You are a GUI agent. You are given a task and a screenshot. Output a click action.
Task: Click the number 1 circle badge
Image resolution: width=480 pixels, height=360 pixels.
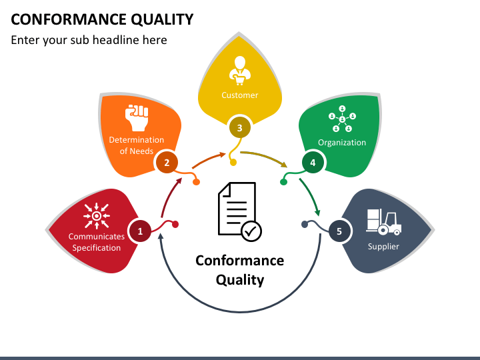[x=140, y=231]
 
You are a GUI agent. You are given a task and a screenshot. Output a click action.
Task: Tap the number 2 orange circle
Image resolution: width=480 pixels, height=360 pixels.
[x=167, y=162]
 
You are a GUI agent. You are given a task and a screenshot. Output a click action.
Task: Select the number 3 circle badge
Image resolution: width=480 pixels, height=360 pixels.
[x=240, y=127]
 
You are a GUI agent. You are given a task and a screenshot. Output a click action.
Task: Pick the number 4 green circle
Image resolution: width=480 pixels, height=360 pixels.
[x=313, y=162]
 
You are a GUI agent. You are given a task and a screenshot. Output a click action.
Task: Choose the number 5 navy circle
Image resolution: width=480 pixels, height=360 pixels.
[x=339, y=231]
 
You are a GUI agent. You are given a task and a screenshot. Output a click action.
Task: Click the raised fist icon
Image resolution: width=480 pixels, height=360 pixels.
[x=137, y=117]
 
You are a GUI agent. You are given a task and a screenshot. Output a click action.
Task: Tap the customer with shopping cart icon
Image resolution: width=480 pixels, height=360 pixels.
[x=240, y=71]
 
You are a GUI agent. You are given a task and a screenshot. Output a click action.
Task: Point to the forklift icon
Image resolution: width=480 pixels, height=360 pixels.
[x=383, y=222]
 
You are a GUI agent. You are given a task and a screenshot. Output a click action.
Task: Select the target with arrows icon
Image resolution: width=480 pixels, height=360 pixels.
[x=97, y=216]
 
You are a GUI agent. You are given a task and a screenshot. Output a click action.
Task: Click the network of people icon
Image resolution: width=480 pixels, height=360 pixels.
[x=342, y=119]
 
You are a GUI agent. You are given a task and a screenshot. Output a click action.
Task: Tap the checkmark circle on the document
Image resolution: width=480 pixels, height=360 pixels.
[x=251, y=231]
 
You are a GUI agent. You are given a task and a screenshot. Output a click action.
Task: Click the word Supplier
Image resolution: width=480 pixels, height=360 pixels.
[x=383, y=247]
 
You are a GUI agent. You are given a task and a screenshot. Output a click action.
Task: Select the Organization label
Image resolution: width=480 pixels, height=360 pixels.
[x=342, y=143]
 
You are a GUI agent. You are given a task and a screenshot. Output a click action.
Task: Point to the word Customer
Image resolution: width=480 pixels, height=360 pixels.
[x=240, y=95]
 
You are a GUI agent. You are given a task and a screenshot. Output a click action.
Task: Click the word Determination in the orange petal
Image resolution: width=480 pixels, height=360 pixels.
[x=137, y=139]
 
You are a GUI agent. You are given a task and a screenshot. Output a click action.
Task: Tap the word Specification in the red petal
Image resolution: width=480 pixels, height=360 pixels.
[x=97, y=247]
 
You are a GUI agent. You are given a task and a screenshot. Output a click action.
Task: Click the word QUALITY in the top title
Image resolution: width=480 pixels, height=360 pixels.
[x=162, y=19]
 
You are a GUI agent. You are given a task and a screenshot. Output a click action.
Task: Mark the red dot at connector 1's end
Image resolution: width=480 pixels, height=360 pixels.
[x=175, y=225]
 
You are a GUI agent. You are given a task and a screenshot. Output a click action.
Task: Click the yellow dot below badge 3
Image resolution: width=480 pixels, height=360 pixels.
[x=233, y=162]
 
